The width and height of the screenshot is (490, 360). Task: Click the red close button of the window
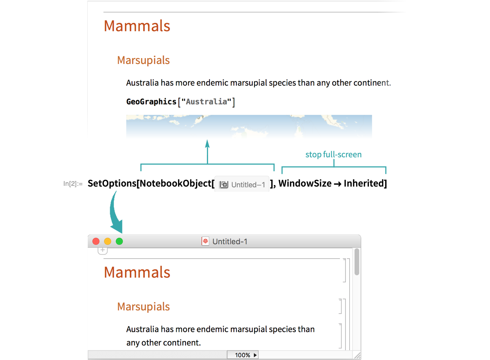tap(96, 241)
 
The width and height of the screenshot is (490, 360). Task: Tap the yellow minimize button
tap(108, 241)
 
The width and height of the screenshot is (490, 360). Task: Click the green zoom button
tap(119, 241)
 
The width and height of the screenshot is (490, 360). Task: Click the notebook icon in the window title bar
tap(205, 241)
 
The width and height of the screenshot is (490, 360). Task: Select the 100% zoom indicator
tap(242, 355)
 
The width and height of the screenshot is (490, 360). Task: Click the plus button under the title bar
tap(103, 251)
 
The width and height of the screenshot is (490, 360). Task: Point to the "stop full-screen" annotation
tap(333, 154)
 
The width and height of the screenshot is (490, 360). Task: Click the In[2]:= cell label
tap(73, 184)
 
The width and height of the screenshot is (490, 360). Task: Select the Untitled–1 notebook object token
tap(242, 184)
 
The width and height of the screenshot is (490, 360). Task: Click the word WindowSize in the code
tap(305, 183)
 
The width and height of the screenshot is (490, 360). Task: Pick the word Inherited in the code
tap(364, 183)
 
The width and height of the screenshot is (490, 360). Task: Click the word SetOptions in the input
tap(112, 184)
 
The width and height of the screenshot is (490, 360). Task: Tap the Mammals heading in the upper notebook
tap(137, 26)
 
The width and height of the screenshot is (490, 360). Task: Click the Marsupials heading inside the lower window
tap(143, 307)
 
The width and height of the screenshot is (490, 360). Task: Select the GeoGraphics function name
tap(151, 102)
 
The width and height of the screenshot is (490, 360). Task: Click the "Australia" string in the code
tap(206, 102)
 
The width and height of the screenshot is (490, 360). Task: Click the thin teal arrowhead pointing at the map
tap(207, 143)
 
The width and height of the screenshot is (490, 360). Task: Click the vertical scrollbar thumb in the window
tap(357, 262)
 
